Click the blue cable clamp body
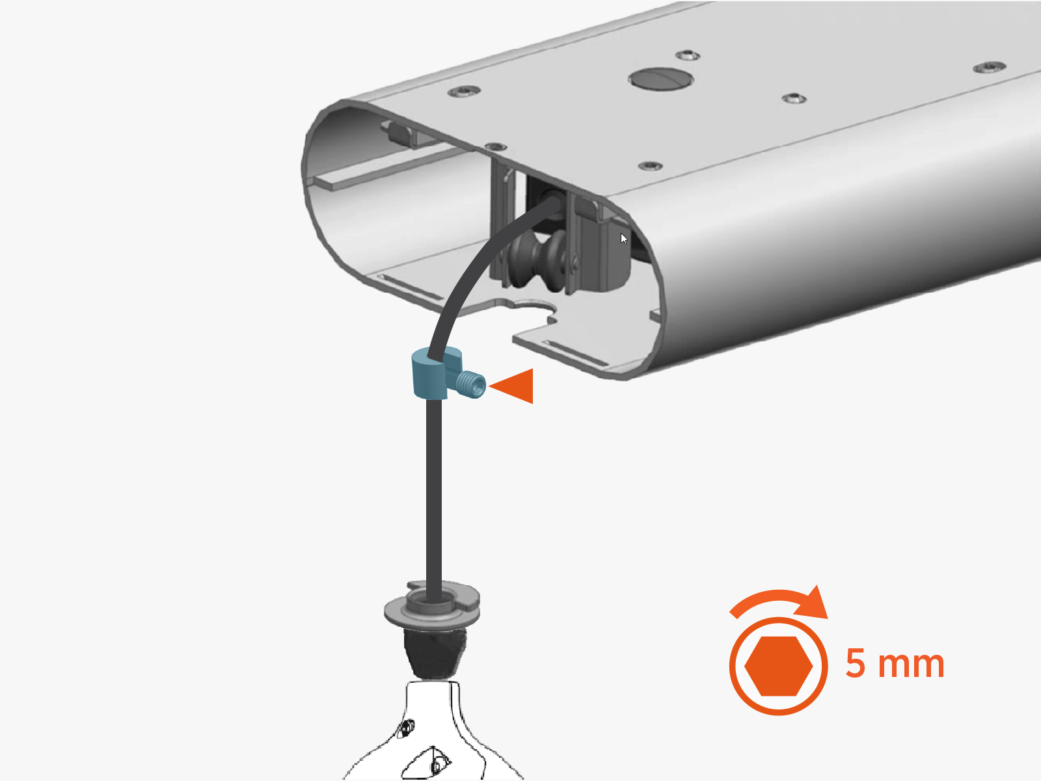click(x=429, y=378)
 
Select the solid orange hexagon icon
click(x=778, y=666)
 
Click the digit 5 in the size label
click(x=856, y=664)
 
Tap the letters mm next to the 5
click(x=912, y=665)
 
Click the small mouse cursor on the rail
click(x=624, y=239)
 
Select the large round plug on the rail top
click(x=660, y=79)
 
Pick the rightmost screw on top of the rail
click(x=989, y=67)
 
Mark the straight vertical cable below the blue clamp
click(x=435, y=494)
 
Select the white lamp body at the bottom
click(x=433, y=735)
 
